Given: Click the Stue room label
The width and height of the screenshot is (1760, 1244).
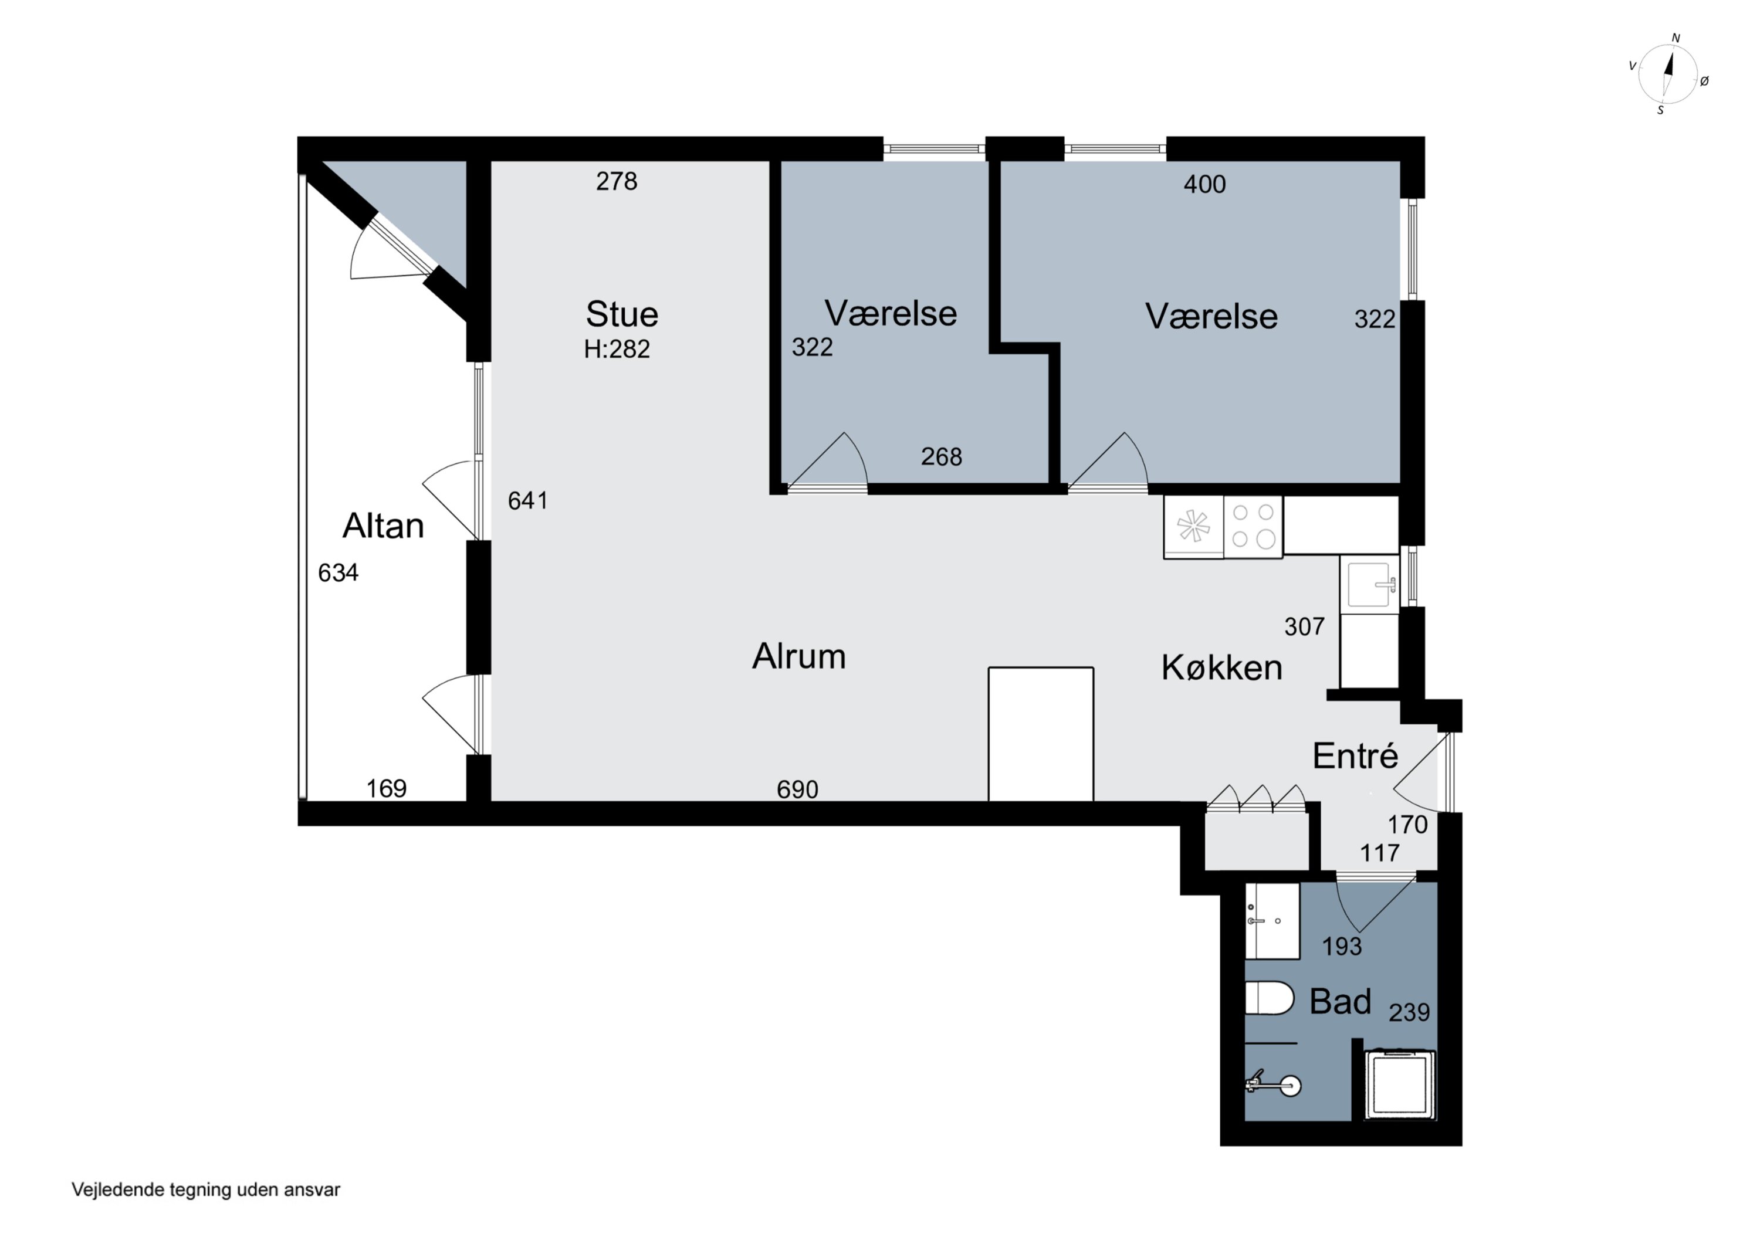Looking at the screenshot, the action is pyautogui.click(x=622, y=314).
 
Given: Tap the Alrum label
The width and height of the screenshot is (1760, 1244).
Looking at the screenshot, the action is pyautogui.click(x=798, y=657).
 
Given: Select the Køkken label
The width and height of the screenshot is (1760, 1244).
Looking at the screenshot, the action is pyautogui.click(x=1222, y=667).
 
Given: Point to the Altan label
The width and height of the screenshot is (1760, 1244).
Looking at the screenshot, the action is pyautogui.click(x=383, y=526).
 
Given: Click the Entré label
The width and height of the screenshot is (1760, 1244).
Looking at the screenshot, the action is pyautogui.click(x=1355, y=756).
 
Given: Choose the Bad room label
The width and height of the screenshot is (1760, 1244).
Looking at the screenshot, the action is pyautogui.click(x=1340, y=1002).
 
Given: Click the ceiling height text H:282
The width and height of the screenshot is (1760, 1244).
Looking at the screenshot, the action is pyautogui.click(x=617, y=350).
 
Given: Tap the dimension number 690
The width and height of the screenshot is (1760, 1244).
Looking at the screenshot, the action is pyautogui.click(x=797, y=789).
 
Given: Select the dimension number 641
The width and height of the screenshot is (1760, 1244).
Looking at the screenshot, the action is pyautogui.click(x=528, y=500).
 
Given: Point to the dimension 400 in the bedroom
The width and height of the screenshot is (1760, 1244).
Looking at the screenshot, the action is pyautogui.click(x=1204, y=184).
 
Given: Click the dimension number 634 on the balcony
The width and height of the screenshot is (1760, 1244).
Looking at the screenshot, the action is pyautogui.click(x=338, y=572).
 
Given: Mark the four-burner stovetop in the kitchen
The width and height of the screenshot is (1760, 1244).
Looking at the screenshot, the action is pyautogui.click(x=1253, y=527).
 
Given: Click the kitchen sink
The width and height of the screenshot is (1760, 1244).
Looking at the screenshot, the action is pyautogui.click(x=1369, y=585).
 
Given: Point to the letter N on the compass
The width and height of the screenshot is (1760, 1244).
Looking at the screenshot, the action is pyautogui.click(x=1676, y=38).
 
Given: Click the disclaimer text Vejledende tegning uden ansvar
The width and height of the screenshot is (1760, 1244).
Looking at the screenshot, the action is pyautogui.click(x=205, y=1189).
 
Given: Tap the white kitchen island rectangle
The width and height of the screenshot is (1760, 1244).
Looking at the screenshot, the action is pyautogui.click(x=1041, y=734).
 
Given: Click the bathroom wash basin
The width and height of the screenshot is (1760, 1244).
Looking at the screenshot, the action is pyautogui.click(x=1272, y=921).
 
